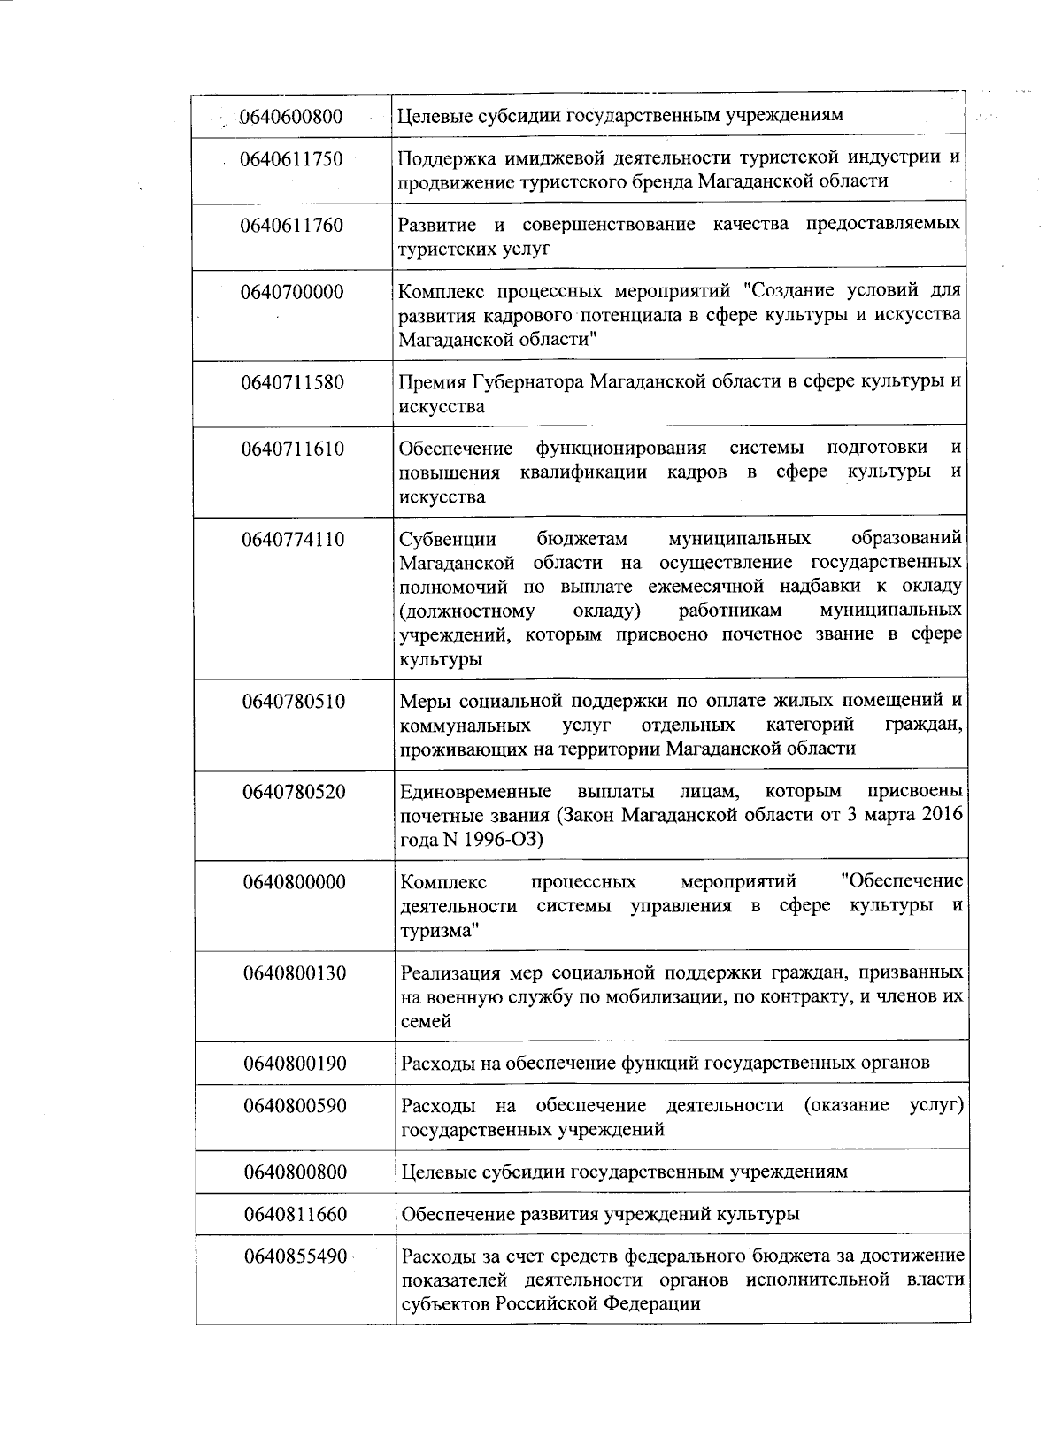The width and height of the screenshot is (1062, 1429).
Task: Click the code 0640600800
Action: (x=291, y=116)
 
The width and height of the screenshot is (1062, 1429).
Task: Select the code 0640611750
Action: (x=291, y=159)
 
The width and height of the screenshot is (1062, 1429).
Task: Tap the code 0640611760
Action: (x=291, y=226)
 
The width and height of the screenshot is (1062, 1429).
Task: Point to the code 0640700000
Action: (x=292, y=292)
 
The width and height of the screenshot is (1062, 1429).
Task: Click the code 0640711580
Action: (x=293, y=383)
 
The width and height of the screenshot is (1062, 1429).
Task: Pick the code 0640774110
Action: (x=293, y=539)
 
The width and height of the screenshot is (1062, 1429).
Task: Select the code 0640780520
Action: (x=294, y=791)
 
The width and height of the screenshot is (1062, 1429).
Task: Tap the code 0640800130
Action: (x=295, y=973)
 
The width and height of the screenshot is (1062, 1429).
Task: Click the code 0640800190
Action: (x=295, y=1063)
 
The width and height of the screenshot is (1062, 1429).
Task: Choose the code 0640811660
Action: (x=296, y=1214)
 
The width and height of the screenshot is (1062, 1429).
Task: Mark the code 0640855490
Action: (x=296, y=1256)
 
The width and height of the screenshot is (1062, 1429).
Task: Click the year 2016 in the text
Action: (x=942, y=815)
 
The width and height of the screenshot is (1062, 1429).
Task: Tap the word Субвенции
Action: (x=447, y=539)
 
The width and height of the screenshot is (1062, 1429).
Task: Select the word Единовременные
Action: (x=476, y=791)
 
